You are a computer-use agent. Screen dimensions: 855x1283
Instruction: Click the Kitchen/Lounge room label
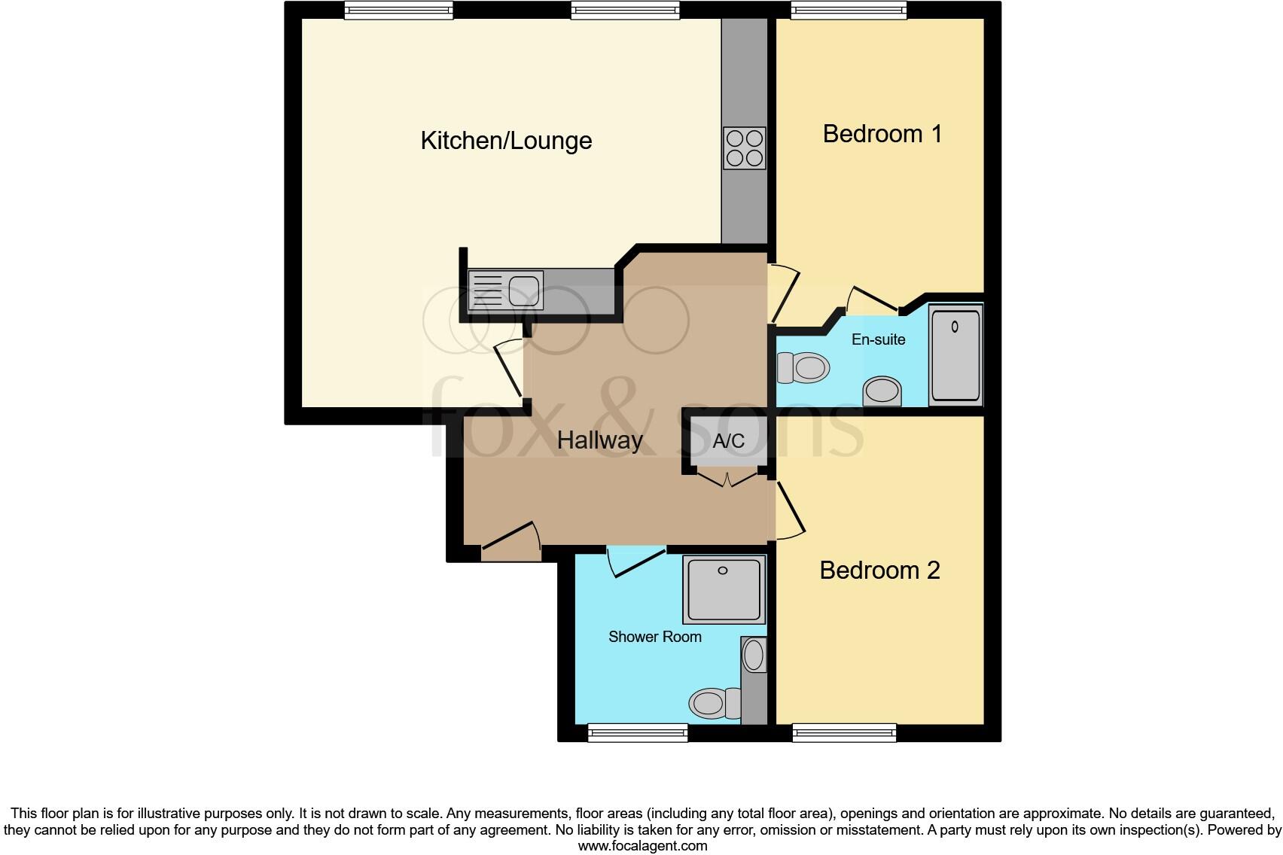click(506, 141)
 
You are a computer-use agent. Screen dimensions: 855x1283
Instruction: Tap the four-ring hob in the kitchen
click(744, 148)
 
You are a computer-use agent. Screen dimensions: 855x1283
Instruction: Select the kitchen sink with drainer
click(505, 291)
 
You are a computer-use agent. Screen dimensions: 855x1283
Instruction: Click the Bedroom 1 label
click(882, 134)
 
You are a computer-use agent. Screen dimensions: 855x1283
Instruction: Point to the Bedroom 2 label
click(879, 571)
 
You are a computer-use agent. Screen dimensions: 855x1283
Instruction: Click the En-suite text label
click(878, 339)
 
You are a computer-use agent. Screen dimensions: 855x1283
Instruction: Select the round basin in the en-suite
click(882, 391)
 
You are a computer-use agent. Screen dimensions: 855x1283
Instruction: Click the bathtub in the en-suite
click(955, 354)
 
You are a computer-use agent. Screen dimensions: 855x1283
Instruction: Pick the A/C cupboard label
click(728, 441)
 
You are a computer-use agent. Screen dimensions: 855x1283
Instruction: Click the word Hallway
click(599, 440)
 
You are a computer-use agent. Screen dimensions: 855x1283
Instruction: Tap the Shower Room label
click(654, 637)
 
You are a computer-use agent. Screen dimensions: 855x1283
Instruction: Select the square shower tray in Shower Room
click(724, 589)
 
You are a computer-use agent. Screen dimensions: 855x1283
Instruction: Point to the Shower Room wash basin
click(754, 655)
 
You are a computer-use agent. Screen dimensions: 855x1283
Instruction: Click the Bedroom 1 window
click(848, 10)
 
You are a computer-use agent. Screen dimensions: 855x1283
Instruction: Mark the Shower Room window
click(637, 732)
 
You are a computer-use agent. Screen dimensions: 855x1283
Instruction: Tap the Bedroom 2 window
click(844, 732)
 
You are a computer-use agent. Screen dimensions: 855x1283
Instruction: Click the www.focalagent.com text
click(641, 846)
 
